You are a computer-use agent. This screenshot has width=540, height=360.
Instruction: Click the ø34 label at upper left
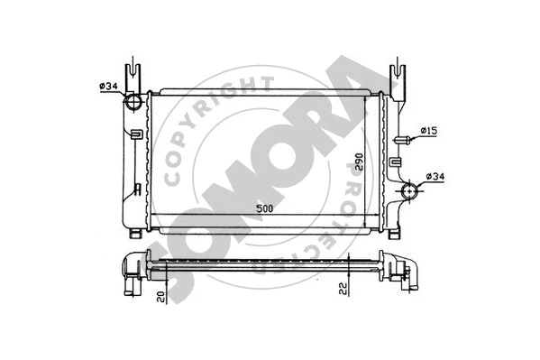108,87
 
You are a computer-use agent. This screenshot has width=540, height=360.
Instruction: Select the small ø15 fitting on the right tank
404,139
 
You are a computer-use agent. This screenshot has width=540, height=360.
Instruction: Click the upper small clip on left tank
135,135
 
